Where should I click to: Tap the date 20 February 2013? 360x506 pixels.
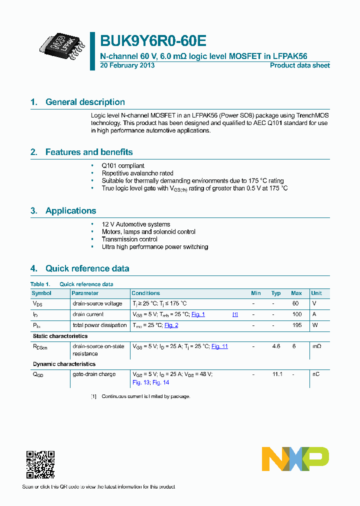[127, 65]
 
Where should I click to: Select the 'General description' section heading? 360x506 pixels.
[85, 102]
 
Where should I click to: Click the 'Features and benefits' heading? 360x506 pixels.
[89, 152]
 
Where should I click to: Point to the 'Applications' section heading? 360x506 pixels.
[70, 210]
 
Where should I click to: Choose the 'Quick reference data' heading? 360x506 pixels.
[87, 268]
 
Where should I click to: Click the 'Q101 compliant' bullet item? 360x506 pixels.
[123, 165]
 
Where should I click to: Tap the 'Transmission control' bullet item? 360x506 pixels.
[129, 239]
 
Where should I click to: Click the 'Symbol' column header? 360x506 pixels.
[41, 293]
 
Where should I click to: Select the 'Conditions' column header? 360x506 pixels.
[145, 293]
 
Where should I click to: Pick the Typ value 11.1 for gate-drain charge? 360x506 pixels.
[277, 374]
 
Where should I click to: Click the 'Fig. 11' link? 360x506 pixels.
[219, 346]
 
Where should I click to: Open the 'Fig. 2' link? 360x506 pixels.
[171, 325]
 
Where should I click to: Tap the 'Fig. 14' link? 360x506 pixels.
[161, 382]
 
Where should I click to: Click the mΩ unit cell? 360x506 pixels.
[316, 346]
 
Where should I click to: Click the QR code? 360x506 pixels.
[40, 464]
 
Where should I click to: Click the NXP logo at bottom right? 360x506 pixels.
[295, 458]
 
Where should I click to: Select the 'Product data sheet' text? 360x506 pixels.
[299, 65]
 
